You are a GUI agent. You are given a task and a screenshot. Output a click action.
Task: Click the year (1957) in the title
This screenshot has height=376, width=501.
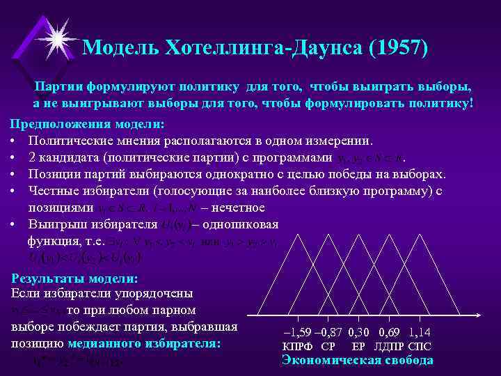pos(390,48)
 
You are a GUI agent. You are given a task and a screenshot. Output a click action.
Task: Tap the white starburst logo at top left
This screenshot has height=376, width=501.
pos(56,32)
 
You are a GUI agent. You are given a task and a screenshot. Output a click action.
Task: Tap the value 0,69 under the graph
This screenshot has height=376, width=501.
pos(392,333)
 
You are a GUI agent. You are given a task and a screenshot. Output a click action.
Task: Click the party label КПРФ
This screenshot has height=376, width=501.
pos(298,346)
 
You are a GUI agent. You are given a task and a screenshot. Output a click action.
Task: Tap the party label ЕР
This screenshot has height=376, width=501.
pos(359,346)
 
